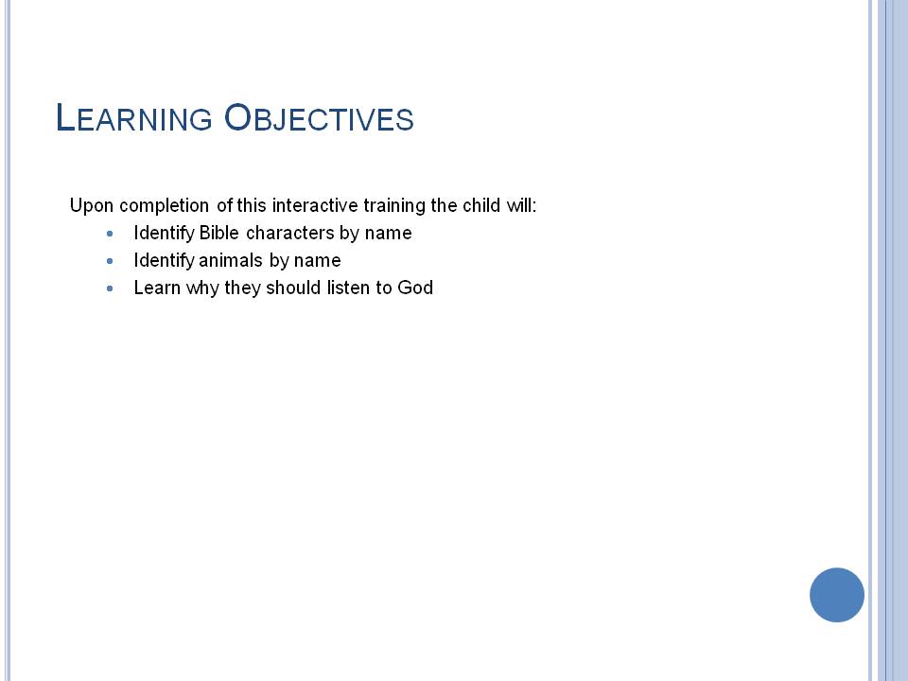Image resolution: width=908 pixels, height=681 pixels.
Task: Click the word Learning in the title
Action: tap(134, 117)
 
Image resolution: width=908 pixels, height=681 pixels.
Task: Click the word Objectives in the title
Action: tap(319, 117)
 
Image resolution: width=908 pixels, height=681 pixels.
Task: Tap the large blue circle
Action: tap(837, 595)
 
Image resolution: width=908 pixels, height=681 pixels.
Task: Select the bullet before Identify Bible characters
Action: tap(110, 234)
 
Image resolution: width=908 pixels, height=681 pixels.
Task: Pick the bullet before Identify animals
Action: tap(110, 261)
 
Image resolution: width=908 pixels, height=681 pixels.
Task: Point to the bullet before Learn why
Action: tap(110, 288)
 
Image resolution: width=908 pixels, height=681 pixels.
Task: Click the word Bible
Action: tap(218, 233)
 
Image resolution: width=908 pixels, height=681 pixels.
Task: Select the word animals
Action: tap(231, 260)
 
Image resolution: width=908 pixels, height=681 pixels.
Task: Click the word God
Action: tap(415, 288)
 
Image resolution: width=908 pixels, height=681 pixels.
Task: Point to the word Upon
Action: tap(92, 205)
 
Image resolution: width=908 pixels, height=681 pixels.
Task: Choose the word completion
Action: tap(164, 205)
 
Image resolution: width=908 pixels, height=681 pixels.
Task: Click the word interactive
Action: tap(315, 205)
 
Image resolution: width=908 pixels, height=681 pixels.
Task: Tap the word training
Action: tap(394, 205)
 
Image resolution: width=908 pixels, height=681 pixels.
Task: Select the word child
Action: tap(481, 205)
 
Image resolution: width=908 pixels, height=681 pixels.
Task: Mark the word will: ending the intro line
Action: tap(521, 205)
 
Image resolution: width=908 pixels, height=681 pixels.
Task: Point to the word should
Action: tap(293, 288)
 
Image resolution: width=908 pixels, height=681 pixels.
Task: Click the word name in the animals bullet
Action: tap(318, 261)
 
